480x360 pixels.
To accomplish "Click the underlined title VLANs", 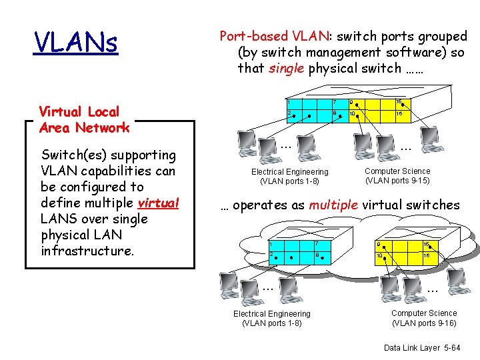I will [75, 43].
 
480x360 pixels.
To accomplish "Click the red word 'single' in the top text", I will [286, 68].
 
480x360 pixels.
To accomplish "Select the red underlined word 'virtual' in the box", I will [159, 203].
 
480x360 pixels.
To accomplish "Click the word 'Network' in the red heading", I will [102, 128].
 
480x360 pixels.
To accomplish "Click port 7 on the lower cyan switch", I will [316, 245].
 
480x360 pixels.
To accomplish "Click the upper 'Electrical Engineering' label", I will [289, 172].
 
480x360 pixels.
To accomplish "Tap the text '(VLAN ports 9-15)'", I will [397, 181].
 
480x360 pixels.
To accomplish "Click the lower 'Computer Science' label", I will [424, 313].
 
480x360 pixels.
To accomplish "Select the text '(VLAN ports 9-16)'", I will [424, 323].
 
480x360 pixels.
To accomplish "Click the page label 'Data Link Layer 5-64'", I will [421, 348].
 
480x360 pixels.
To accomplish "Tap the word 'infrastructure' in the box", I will [87, 251].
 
